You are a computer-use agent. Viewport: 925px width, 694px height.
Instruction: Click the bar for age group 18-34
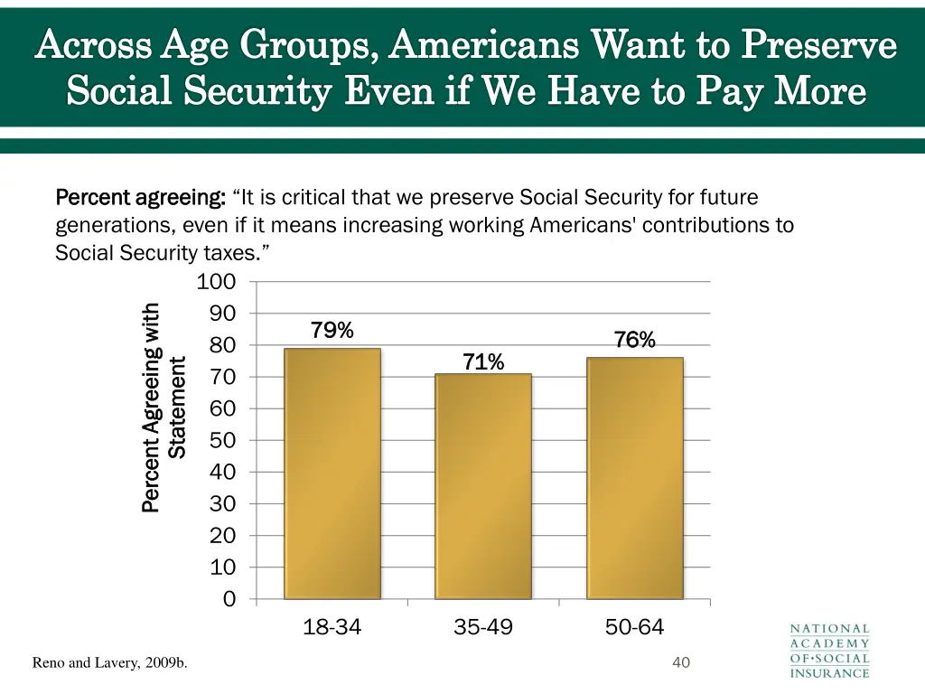(332, 474)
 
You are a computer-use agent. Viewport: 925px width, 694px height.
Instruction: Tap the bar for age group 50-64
(635, 478)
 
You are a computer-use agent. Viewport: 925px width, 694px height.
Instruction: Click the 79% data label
(332, 331)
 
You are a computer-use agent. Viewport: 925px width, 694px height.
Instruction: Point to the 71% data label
(483, 362)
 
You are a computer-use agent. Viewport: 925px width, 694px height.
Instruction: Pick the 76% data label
(635, 340)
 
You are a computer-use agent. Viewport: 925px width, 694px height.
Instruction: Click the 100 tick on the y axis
(217, 282)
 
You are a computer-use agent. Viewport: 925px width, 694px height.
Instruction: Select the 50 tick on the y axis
(222, 440)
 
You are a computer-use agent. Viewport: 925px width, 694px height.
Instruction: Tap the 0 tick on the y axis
(229, 599)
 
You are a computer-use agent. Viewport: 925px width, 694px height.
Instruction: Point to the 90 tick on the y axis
(222, 314)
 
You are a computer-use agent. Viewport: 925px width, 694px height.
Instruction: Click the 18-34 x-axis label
(332, 627)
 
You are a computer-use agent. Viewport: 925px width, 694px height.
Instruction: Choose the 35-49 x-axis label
(483, 627)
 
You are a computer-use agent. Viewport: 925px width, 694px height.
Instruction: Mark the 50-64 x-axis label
(635, 627)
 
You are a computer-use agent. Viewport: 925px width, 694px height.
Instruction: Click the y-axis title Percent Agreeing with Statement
(164, 407)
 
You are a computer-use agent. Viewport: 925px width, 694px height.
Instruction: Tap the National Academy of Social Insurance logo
(829, 650)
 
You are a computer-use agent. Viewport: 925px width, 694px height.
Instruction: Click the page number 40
(681, 663)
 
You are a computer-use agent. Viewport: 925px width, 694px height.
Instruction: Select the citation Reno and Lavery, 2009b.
(109, 663)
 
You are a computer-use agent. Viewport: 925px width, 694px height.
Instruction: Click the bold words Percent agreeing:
(140, 197)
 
